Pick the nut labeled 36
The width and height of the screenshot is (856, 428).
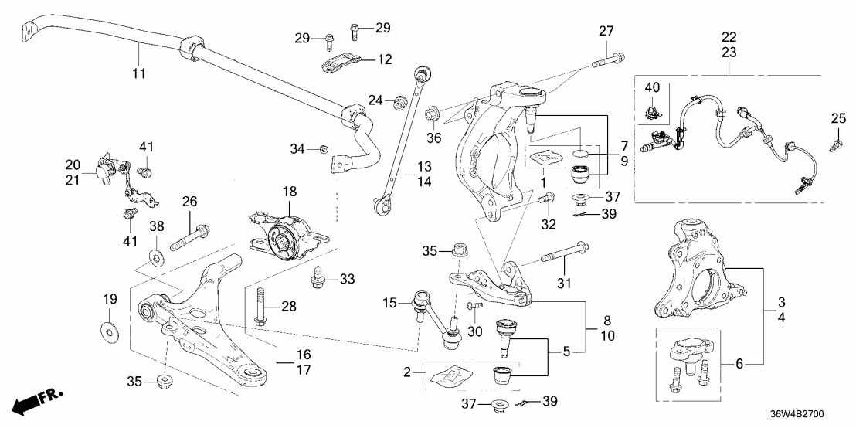click(x=433, y=113)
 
